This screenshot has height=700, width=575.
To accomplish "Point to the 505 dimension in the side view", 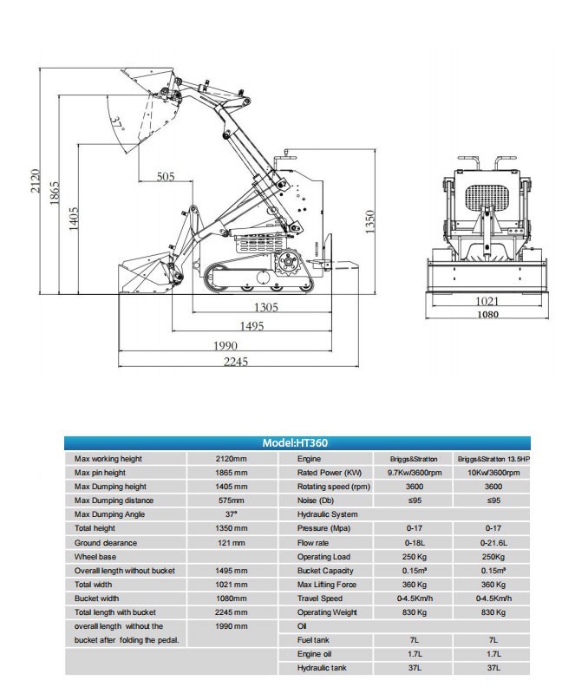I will (x=166, y=177).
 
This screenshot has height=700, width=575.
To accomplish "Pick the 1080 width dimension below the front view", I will (x=488, y=315).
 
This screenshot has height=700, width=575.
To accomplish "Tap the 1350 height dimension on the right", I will (x=368, y=221).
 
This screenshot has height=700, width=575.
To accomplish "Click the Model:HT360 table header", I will (x=295, y=443).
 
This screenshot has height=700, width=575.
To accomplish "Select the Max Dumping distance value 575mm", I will (x=231, y=500).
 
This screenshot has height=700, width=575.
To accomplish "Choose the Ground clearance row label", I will (x=107, y=542).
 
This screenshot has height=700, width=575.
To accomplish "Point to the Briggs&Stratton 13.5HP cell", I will (x=493, y=459).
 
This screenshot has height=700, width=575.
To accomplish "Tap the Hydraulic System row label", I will (x=327, y=514).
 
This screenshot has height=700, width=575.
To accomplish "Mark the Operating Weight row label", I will (x=326, y=612).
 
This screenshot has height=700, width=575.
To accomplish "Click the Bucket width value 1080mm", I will (x=231, y=598).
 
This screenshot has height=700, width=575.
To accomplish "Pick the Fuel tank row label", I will (x=313, y=639).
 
